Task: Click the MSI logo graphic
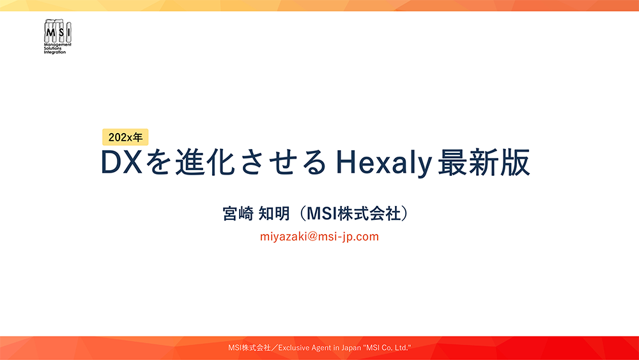58,31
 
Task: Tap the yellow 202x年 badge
125,136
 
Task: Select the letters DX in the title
122,164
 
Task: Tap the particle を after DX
157,164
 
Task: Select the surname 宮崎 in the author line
237,213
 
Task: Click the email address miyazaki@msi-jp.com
319,237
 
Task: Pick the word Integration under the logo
55,52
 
